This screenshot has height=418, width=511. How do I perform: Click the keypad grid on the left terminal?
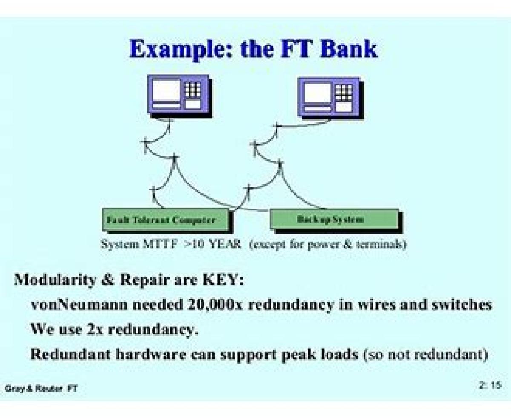[192, 89]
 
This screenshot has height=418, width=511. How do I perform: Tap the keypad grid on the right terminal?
[344, 91]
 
